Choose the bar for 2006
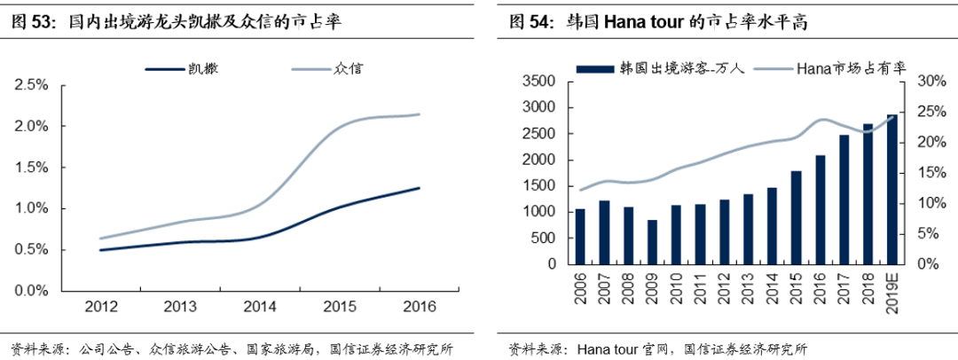[x=580, y=237]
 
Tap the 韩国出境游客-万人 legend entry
[x=665, y=67]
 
